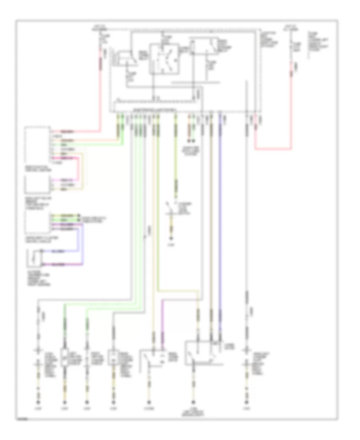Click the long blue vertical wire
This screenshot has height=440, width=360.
pos(220,224)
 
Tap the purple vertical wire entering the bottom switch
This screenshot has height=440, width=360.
pos(162,324)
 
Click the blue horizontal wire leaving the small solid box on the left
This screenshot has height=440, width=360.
pos(60,252)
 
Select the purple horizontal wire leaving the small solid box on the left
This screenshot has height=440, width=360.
pos(60,264)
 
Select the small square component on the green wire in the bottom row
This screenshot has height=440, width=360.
pos(65,357)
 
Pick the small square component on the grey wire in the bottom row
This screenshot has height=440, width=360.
pos(113,357)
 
